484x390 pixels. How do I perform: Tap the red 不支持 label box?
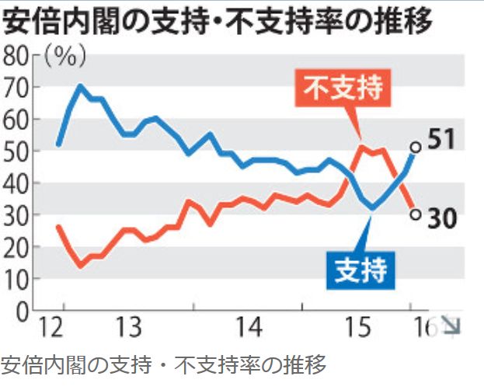tap(344, 88)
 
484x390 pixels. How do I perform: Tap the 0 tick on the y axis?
tap(22, 310)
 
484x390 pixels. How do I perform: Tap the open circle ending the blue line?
tap(415, 146)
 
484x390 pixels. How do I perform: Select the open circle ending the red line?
tap(415, 214)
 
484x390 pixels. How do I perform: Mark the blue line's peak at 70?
tap(80, 85)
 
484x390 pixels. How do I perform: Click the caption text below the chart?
tap(163, 364)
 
